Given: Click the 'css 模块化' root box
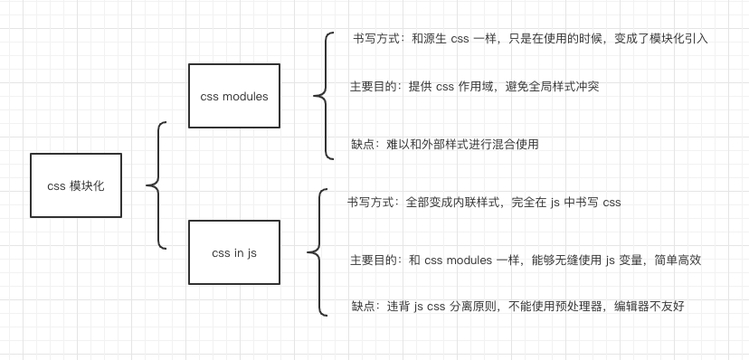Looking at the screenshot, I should pyautogui.click(x=76, y=185).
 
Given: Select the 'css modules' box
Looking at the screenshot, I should pyautogui.click(x=234, y=96).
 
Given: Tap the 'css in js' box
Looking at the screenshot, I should pyautogui.click(x=234, y=253).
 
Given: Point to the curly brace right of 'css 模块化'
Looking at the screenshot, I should pyautogui.click(x=156, y=185).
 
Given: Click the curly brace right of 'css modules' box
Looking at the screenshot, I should pyautogui.click(x=323, y=95).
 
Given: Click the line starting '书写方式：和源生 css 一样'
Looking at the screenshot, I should pyautogui.click(x=529, y=39).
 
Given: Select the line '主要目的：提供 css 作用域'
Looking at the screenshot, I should pyautogui.click(x=475, y=87).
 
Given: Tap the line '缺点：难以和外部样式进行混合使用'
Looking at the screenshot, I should pyautogui.click(x=444, y=144).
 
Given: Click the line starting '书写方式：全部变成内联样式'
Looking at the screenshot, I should pyautogui.click(x=484, y=202).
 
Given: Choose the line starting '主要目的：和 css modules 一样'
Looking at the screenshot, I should pyautogui.click(x=526, y=260).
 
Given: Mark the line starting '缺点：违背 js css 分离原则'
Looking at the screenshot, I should pyautogui.click(x=517, y=307).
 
